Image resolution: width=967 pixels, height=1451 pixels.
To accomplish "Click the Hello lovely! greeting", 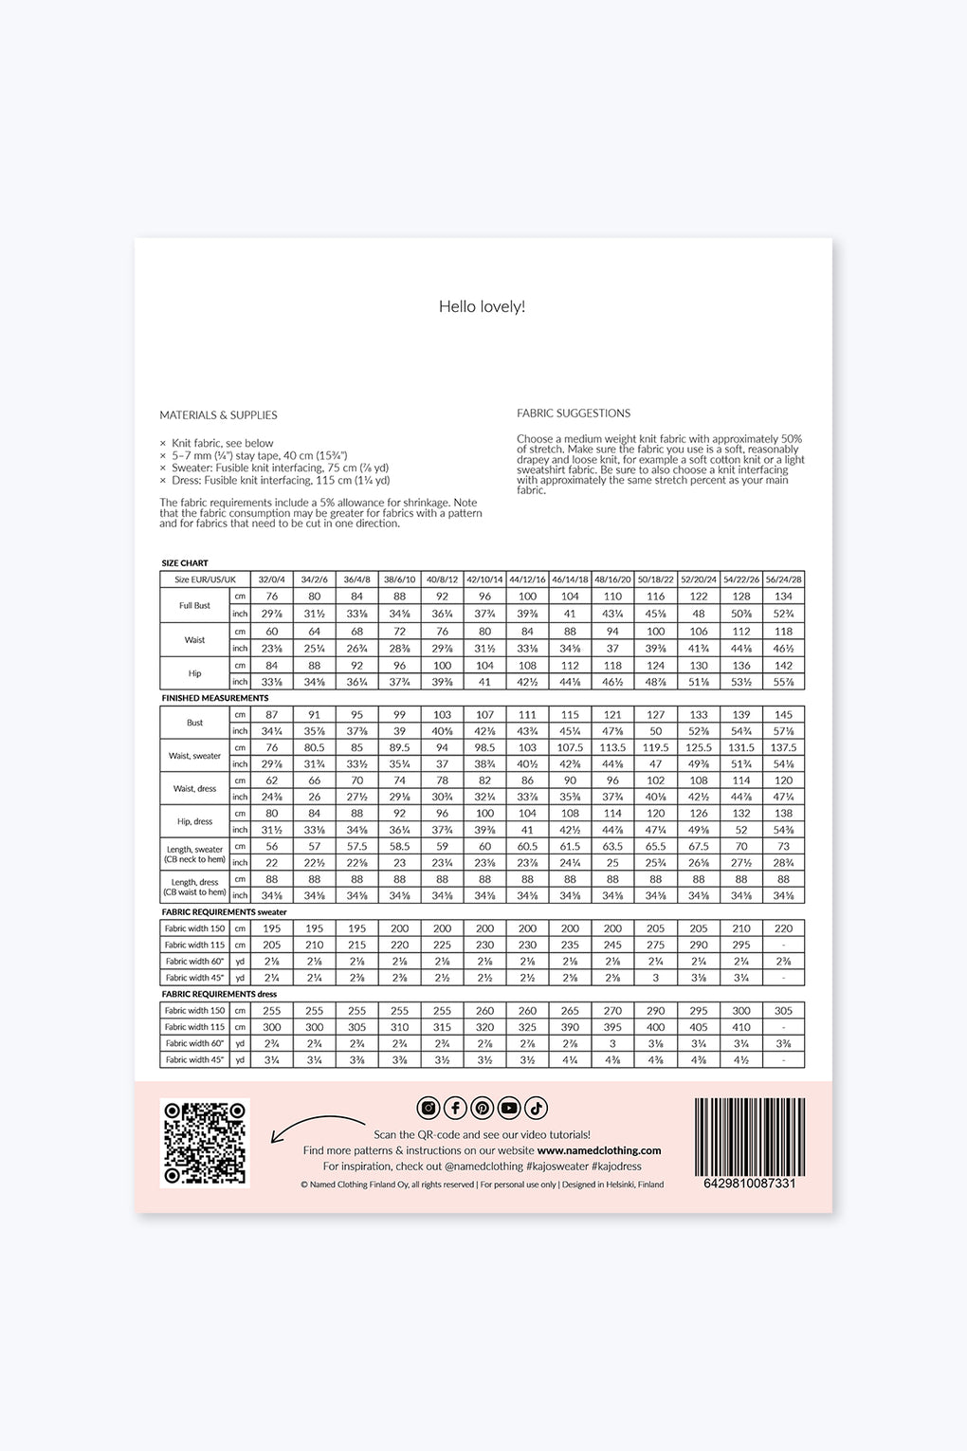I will coord(482,306).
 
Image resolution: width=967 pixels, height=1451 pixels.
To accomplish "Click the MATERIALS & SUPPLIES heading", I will coord(218,415).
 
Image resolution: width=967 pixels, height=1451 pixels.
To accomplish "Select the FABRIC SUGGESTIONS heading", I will coord(574,413).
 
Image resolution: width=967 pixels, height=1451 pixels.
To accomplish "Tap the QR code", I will coord(204,1142).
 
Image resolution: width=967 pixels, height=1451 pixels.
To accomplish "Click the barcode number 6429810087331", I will coord(749,1184).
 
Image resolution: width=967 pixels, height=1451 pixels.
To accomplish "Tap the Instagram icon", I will coord(429,1108).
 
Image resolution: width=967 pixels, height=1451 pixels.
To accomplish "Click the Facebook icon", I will coord(455,1108).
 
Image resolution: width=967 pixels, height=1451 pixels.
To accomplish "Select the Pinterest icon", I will coord(482,1108).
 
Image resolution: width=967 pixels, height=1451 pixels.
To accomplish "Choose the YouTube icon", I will coord(509,1108).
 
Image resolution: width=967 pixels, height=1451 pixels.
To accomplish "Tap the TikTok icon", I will coord(536,1108).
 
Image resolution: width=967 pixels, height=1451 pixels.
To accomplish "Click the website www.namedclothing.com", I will coord(599,1150).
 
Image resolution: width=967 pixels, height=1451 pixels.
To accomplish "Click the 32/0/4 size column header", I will coord(271,579).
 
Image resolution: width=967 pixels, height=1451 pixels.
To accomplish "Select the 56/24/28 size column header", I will coord(783,579).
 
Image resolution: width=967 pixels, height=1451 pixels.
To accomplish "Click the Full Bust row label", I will coord(194,605).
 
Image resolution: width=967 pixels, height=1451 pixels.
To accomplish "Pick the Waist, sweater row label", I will coord(194,756).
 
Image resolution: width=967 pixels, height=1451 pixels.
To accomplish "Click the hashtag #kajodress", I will coord(616,1166).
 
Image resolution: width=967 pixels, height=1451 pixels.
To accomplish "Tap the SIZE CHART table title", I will coord(185,563).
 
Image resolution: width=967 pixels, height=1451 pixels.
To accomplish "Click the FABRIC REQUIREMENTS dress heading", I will coord(219,994).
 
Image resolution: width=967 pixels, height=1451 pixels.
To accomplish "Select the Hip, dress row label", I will coord(194,821).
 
